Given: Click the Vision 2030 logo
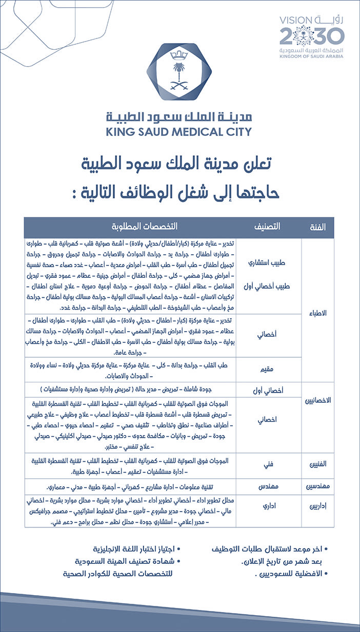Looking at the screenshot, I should tap(311, 36).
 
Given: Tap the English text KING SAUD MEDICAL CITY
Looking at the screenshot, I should tap(179, 132).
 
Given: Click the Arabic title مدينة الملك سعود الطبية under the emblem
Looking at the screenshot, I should tap(179, 116).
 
